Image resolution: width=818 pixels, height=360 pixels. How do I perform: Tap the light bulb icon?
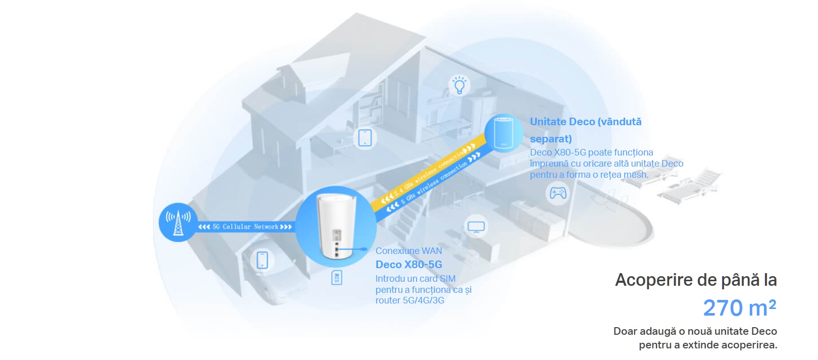click(459, 85)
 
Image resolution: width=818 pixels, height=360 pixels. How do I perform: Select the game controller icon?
click(557, 193)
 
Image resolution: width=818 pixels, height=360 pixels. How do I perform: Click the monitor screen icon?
click(476, 227)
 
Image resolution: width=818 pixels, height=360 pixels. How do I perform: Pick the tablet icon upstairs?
click(365, 137)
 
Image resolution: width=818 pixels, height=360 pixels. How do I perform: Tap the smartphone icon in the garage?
click(262, 260)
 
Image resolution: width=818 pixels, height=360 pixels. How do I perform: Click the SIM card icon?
click(337, 278)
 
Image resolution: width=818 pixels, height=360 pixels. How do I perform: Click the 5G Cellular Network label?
click(245, 227)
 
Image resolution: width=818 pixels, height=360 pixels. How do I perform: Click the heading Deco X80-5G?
click(408, 265)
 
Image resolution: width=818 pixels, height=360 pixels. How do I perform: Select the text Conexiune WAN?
click(408, 251)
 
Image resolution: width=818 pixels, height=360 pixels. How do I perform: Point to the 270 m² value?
click(739, 308)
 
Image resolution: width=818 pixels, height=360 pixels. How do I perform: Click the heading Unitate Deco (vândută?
click(585, 122)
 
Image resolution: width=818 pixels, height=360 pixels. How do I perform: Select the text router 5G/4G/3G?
click(410, 300)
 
